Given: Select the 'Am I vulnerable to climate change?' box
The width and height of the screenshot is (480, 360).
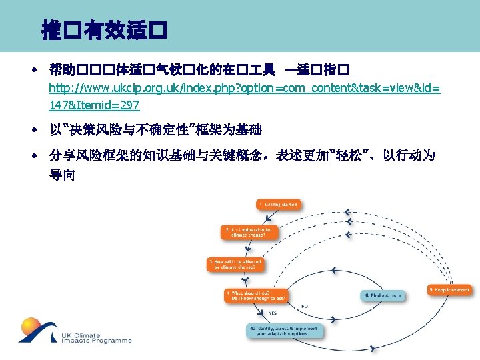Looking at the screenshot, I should pos(245,232).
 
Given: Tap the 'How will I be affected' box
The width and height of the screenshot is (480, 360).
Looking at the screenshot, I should pos(235,264).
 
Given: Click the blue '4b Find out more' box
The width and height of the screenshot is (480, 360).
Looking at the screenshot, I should pos(382,295).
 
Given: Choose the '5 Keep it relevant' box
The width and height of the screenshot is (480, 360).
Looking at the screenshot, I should pos(449,290).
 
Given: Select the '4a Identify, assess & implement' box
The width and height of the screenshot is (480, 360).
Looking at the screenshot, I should pos(284,331).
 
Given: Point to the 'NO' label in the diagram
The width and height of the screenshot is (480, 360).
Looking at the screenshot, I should pos(305,307).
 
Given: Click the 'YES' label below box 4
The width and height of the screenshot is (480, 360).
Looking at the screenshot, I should pos(273,312).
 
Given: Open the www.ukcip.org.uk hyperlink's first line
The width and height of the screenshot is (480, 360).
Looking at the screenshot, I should pos(244,89).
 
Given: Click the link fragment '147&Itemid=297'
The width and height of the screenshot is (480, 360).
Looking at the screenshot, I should pos(94,105).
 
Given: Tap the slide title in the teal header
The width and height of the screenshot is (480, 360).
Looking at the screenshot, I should pos(103,29).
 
